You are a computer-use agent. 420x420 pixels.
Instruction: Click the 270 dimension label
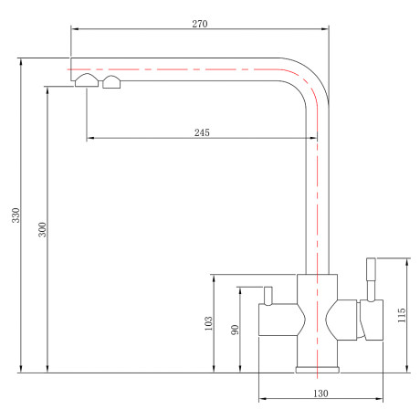point(200,24)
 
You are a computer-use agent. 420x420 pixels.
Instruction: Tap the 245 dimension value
point(202,132)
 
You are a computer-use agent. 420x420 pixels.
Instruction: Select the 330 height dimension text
point(16,215)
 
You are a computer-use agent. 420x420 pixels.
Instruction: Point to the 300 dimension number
point(42,229)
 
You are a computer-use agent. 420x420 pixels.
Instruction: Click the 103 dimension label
point(208,323)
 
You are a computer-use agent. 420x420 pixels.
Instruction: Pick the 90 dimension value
point(235,330)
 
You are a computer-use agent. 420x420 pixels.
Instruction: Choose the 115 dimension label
point(402,315)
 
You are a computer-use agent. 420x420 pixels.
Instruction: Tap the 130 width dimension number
point(320,394)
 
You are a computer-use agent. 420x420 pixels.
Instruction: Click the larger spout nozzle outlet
point(87,80)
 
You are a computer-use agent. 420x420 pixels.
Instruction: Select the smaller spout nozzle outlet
point(111,82)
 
